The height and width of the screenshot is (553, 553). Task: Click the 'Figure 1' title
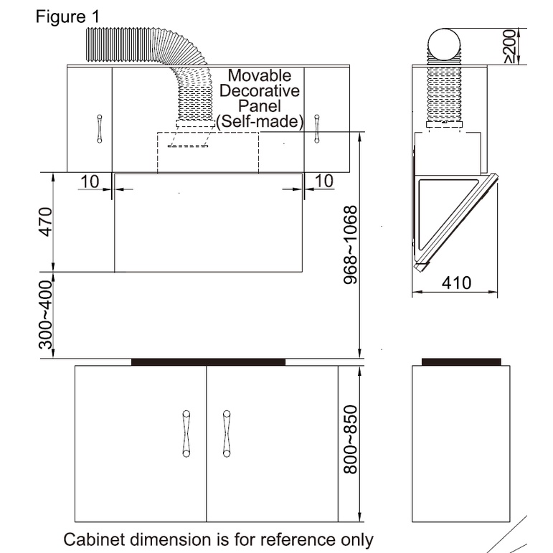[67, 16]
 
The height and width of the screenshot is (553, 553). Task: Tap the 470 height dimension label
[46, 222]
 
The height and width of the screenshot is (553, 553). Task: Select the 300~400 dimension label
[45, 315]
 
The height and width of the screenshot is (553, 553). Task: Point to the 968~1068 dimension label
[351, 245]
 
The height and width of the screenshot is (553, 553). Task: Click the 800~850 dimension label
[351, 440]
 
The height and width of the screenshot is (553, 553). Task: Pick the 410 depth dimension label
[456, 283]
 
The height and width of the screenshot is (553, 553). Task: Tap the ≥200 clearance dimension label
[509, 46]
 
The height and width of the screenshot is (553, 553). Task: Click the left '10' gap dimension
[90, 181]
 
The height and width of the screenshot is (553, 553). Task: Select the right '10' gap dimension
[324, 181]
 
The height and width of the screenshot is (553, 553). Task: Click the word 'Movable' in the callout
[260, 75]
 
